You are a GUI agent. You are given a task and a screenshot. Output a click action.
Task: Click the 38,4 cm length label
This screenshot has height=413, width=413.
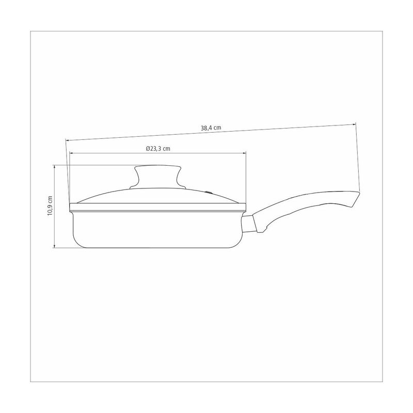click(211, 128)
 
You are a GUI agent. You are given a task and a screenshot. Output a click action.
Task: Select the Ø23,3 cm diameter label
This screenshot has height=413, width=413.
click(158, 149)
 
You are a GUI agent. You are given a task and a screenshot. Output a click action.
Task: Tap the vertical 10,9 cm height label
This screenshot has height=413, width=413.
click(50, 205)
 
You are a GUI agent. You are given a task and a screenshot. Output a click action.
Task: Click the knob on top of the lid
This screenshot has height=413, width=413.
click(158, 177)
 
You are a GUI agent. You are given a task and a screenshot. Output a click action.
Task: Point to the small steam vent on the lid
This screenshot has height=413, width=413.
click(209, 193)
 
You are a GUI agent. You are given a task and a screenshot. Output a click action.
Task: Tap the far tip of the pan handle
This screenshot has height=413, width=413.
click(359, 193)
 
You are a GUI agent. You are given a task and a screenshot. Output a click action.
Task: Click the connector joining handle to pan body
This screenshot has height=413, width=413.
click(249, 224)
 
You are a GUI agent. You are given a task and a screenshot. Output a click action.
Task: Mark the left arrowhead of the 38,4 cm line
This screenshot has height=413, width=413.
click(67, 140)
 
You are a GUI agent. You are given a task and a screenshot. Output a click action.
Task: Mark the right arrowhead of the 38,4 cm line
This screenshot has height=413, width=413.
click(355, 124)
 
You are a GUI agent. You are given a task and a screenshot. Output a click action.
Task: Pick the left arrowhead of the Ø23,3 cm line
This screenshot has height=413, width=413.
click(71, 152)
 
